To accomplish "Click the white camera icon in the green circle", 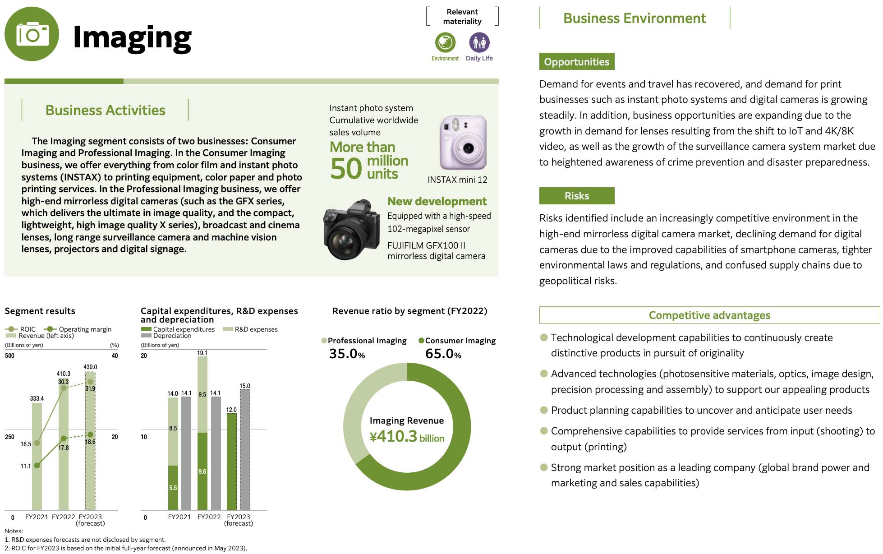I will [32, 34].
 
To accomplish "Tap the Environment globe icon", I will [445, 43].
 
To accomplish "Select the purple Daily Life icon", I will [479, 43].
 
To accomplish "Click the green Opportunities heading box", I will [576, 62].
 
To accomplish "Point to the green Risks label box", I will [576, 196].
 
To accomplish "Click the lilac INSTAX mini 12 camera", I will [463, 143].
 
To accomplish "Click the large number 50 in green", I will [346, 169].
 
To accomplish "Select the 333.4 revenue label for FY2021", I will [37, 398].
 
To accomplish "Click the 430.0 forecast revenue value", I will [90, 367].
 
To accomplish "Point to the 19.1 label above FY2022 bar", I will [202, 353].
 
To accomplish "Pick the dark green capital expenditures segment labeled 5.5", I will [173, 488].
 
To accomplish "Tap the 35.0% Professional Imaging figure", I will [347, 354].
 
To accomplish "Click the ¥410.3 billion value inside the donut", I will [407, 436].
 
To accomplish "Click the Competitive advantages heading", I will [709, 315].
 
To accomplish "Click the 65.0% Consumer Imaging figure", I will [443, 354].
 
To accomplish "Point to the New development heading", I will [437, 201].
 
